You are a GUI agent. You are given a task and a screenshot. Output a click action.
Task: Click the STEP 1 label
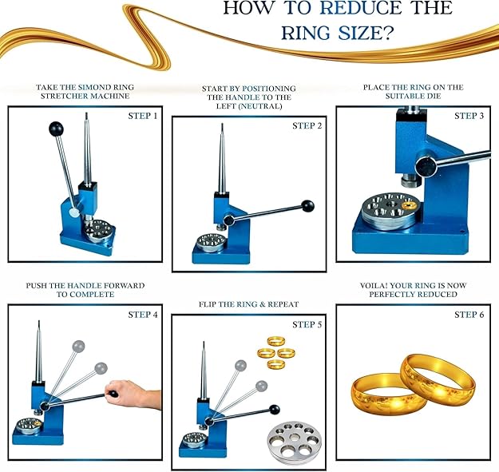[x=143, y=116]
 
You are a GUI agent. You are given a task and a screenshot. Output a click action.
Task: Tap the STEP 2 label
[x=307, y=126]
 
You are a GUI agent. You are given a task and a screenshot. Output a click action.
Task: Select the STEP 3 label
[x=469, y=116]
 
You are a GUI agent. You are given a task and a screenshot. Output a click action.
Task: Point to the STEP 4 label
[x=143, y=315]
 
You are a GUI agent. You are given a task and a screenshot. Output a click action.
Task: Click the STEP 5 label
[x=307, y=324]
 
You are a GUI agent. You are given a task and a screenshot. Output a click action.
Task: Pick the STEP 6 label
[x=469, y=315]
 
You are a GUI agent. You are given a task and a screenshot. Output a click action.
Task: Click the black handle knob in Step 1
[x=57, y=129]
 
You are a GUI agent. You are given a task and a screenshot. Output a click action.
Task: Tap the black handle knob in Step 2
[x=307, y=206]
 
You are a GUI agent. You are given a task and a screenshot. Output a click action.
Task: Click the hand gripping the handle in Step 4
[x=133, y=394]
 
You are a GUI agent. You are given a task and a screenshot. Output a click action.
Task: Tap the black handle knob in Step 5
[x=274, y=410]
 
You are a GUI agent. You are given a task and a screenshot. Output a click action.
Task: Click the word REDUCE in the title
[x=361, y=8]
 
